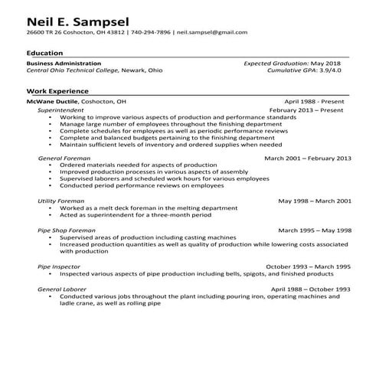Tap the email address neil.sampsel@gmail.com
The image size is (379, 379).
click(x=211, y=33)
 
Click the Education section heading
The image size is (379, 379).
click(x=44, y=52)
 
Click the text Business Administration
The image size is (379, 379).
click(x=64, y=63)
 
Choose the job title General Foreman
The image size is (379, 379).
click(x=62, y=158)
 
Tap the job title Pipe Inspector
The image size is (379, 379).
click(x=58, y=266)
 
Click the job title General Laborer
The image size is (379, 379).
click(x=62, y=289)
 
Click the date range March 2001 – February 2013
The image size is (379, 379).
click(x=307, y=158)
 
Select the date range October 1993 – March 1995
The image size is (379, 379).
click(x=308, y=266)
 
